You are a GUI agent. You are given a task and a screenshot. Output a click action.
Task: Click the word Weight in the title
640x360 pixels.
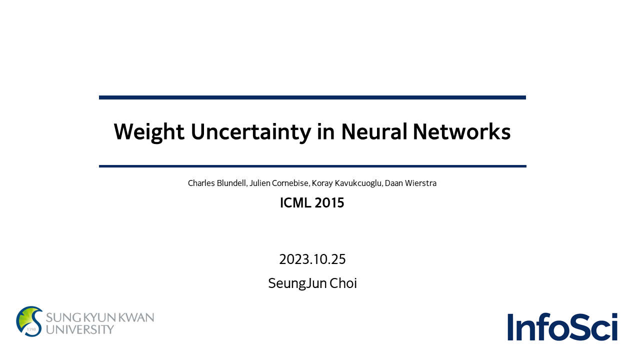(149, 132)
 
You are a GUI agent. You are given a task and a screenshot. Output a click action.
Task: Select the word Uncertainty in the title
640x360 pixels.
(250, 132)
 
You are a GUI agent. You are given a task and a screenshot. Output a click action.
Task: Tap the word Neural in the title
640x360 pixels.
(374, 131)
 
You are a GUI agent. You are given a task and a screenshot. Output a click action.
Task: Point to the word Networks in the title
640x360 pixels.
(461, 131)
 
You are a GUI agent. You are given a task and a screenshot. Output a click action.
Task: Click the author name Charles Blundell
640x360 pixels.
(217, 183)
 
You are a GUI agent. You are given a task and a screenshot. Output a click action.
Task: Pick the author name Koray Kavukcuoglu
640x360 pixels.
(347, 183)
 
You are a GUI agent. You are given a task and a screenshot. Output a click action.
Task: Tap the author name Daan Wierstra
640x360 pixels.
(410, 183)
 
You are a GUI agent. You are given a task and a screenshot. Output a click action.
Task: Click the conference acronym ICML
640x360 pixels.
(295, 203)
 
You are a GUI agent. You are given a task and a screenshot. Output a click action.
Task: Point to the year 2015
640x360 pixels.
(329, 203)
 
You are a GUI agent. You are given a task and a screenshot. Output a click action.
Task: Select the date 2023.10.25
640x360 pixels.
(312, 259)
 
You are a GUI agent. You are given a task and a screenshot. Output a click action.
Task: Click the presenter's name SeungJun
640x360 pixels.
(297, 283)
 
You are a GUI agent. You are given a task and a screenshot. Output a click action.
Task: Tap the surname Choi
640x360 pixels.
(343, 283)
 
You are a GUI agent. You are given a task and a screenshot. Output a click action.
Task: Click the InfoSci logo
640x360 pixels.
(562, 326)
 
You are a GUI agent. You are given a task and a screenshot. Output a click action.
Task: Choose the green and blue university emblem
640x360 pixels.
(29, 321)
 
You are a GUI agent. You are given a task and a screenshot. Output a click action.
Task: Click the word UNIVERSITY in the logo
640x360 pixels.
(80, 329)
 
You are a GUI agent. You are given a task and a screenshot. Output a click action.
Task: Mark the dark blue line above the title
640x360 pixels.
(312, 97)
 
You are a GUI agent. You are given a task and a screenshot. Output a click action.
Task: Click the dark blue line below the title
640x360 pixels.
(312, 166)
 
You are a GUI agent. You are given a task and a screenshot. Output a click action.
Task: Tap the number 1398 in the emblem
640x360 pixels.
(31, 329)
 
